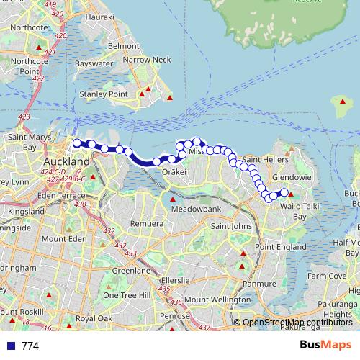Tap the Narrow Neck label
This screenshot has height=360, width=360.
click(148, 60)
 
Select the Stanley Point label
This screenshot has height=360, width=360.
click(104, 94)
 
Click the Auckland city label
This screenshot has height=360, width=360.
click(66, 163)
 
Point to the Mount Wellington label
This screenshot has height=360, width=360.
click(217, 299)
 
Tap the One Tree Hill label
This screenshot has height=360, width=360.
click(126, 295)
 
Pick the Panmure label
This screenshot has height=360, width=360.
click(260, 283)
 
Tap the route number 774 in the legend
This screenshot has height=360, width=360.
click(30, 346)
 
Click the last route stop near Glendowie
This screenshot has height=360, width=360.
click(284, 192)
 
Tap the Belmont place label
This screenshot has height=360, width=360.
click(123, 45)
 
